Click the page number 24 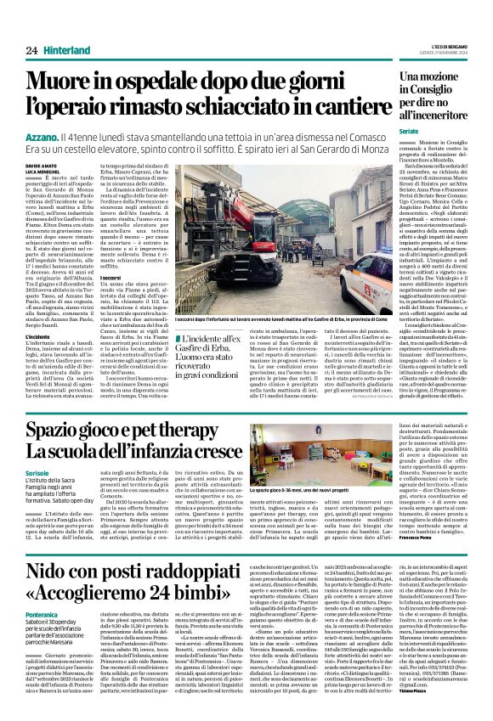(x=31, y=51)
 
